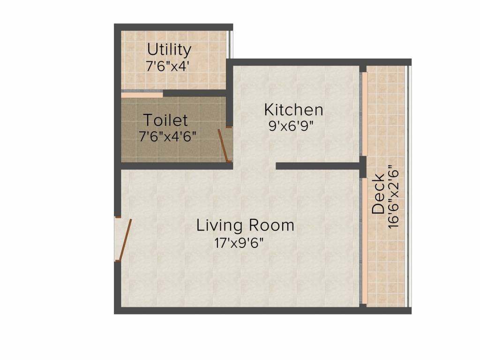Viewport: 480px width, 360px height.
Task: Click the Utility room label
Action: coord(169,49)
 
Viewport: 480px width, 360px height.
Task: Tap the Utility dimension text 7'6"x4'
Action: coord(167,66)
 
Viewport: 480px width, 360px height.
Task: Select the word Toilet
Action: coord(165,120)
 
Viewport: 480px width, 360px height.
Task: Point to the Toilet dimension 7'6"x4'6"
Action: coord(167,136)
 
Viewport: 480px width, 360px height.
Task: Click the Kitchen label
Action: coord(294,110)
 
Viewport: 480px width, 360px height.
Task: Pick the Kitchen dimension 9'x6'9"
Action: coord(291,126)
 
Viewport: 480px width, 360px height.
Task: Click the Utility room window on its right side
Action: coord(230,45)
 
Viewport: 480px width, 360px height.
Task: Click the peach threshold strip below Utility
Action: coord(142,94)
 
